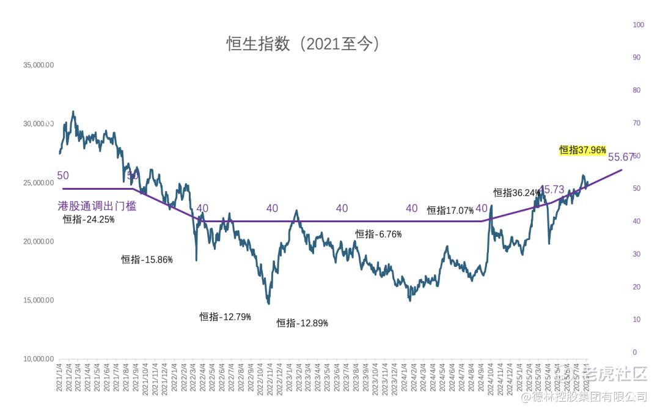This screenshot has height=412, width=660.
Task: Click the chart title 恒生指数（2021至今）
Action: (x=304, y=44)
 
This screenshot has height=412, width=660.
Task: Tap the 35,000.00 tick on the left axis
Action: (x=38, y=65)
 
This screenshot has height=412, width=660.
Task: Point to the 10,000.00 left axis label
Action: (x=38, y=359)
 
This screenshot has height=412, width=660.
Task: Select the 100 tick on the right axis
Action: (x=639, y=25)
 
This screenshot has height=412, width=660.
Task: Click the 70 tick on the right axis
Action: (x=636, y=123)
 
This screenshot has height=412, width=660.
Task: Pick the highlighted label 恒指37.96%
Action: (x=582, y=150)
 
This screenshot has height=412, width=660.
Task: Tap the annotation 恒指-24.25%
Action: (x=89, y=220)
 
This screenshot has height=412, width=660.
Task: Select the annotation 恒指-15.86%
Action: (x=147, y=260)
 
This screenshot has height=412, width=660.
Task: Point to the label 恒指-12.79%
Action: (x=225, y=316)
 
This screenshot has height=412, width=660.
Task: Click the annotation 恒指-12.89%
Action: (x=302, y=323)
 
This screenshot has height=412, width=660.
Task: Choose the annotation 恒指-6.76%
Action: (x=378, y=234)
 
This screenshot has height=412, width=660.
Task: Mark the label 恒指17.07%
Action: (x=450, y=211)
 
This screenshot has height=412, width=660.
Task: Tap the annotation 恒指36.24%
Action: (x=517, y=193)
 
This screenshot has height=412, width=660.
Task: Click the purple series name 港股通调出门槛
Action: (x=97, y=206)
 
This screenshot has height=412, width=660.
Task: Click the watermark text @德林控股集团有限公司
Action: (x=583, y=397)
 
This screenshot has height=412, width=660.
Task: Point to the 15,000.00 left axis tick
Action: (x=38, y=301)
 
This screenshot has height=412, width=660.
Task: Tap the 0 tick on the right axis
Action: (x=634, y=353)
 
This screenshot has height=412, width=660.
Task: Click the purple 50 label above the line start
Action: (x=63, y=176)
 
